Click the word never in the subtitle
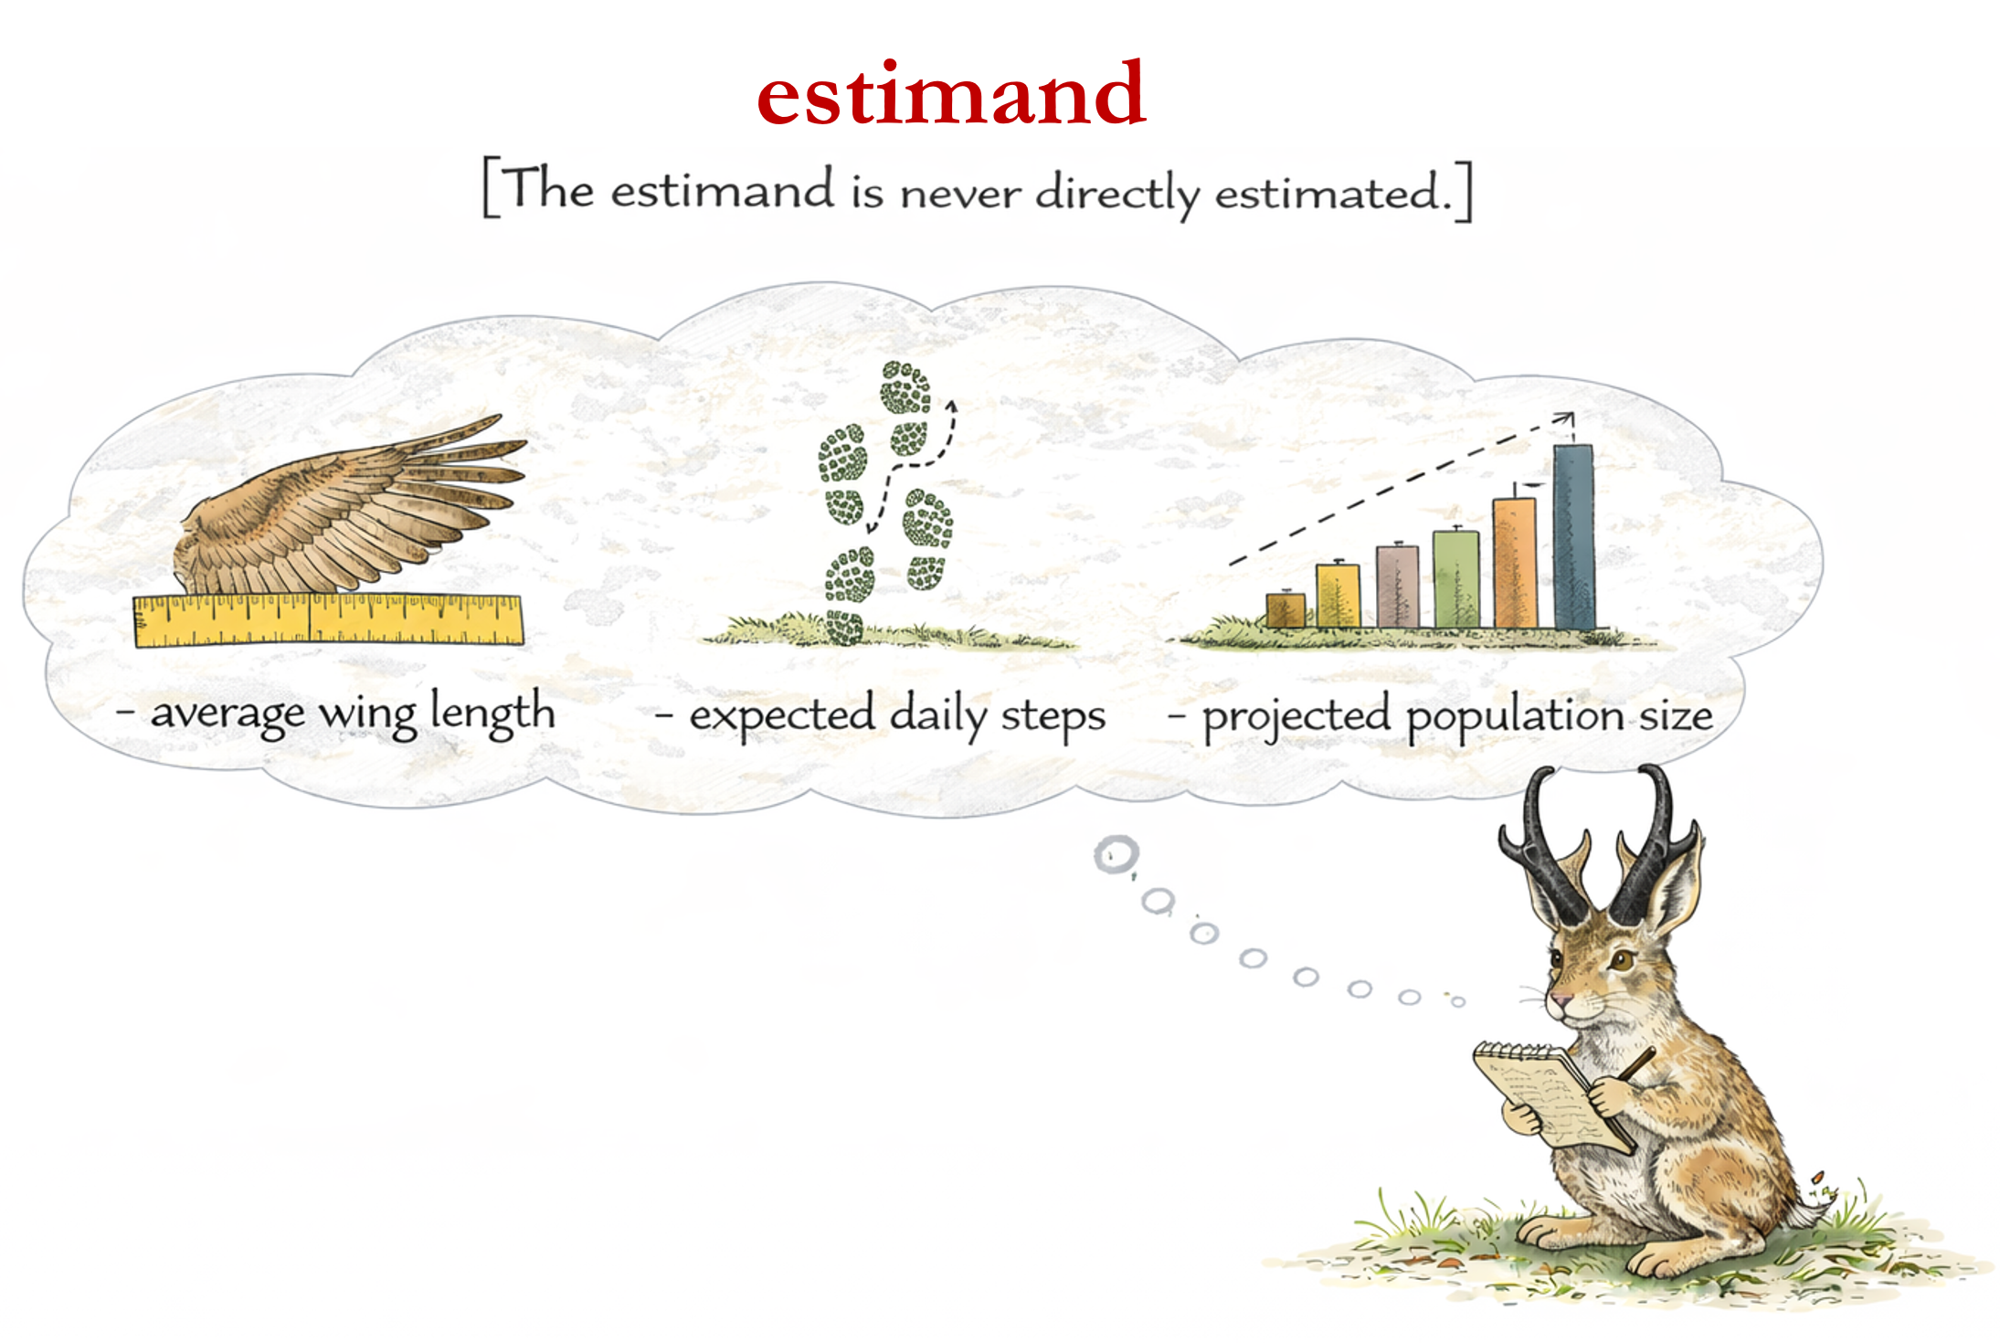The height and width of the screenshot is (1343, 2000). tap(960, 194)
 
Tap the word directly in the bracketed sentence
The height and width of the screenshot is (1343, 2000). tap(1118, 194)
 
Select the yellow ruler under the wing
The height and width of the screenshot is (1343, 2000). tap(329, 620)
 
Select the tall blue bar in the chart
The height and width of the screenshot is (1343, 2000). tap(1574, 536)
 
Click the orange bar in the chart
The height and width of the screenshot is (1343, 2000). tap(1515, 563)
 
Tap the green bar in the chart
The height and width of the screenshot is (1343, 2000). tap(1456, 579)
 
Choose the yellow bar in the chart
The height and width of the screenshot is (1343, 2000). tap(1339, 596)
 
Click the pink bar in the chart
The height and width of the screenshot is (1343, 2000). tap(1398, 587)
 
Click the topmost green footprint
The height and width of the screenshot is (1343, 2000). tap(905, 387)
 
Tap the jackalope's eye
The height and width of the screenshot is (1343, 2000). tap(1622, 960)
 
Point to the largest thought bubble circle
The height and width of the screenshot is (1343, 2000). tap(1116, 855)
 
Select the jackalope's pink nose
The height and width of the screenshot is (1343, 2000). tap(1557, 1000)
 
